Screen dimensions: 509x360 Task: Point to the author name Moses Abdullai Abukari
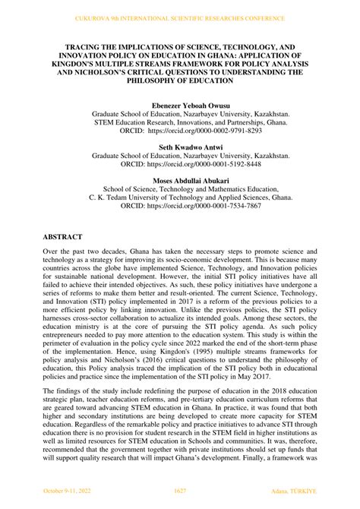click(x=180, y=180)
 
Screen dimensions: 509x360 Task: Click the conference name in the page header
click(x=180, y=17)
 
